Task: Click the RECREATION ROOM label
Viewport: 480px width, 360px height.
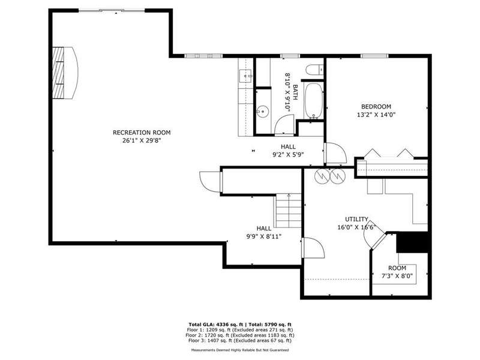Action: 142,133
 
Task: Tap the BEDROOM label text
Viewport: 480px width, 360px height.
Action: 376,107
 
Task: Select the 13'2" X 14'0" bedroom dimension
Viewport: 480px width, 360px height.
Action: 376,115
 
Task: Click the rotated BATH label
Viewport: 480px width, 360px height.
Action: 295,92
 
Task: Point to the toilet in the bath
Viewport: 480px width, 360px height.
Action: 314,70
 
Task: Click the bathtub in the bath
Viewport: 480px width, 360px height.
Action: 313,100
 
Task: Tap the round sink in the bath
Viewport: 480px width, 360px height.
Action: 263,112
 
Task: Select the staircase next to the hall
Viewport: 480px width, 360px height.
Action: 289,211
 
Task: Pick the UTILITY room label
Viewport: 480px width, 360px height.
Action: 356,220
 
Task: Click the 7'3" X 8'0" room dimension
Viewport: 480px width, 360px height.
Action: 397,276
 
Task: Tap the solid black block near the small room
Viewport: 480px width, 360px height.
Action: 412,242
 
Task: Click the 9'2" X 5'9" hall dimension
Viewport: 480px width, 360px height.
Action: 288,155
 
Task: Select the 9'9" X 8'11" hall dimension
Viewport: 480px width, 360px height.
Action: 264,236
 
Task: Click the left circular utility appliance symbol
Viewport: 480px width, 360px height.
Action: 322,176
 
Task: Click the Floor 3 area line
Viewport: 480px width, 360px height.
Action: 240,340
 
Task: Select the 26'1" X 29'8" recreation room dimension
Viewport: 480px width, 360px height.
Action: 142,141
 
